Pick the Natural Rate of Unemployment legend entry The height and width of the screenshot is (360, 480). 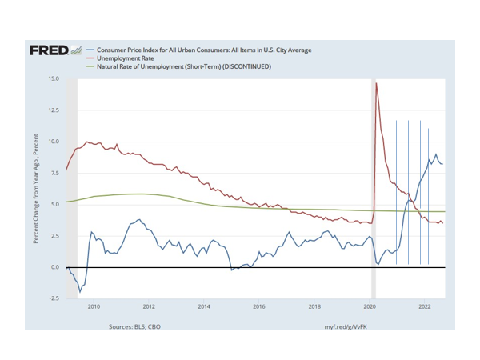click(184, 66)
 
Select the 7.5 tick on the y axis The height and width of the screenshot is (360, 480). click(54, 173)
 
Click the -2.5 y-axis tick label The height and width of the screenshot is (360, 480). click(54, 298)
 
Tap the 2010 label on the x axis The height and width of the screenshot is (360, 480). click(94, 306)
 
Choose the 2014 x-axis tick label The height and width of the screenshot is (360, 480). click(204, 306)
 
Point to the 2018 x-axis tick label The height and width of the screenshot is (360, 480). click(314, 306)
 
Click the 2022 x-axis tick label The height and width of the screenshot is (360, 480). click(425, 306)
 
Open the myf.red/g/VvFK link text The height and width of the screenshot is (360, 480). click(346, 326)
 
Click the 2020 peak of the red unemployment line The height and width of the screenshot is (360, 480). click(377, 83)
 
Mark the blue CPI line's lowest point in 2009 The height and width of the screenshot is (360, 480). click(80, 292)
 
